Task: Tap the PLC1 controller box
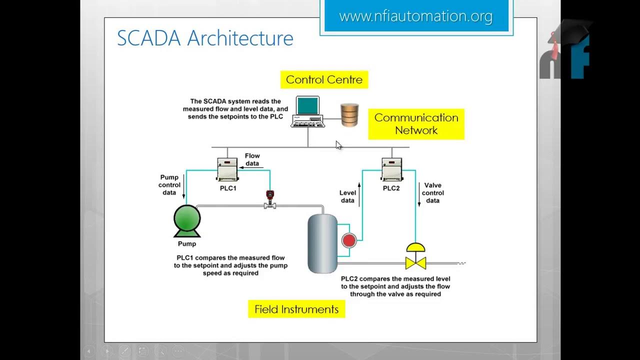tap(227, 169)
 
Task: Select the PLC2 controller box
tap(392, 169)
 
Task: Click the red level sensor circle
tap(348, 240)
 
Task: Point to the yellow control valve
tap(415, 256)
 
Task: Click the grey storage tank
tap(322, 243)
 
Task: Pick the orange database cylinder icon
tap(349, 114)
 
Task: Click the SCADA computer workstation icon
tap(307, 111)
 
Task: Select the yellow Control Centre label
tap(324, 79)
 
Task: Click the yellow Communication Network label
tap(416, 124)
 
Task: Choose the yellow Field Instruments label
tap(296, 309)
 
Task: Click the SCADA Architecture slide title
tap(205, 38)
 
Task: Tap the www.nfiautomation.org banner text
tap(415, 16)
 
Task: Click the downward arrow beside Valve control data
tap(419, 194)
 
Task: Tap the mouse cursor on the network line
tap(338, 145)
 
